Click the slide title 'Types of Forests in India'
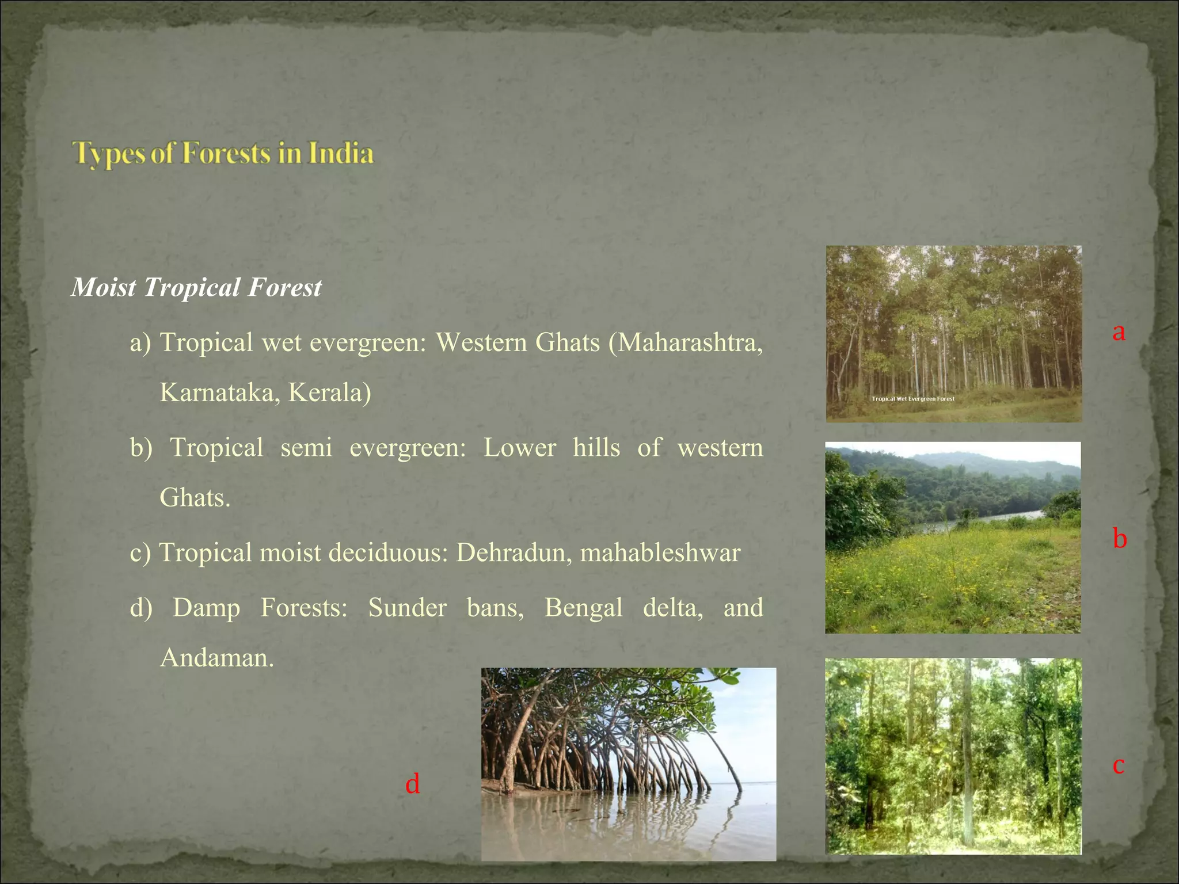pos(223,154)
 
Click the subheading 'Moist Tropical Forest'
pos(196,287)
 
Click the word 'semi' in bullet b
pos(306,448)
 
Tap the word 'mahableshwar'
pos(660,553)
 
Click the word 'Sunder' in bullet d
pos(407,608)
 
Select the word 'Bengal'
pos(583,608)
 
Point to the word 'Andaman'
pos(216,658)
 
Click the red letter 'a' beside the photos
pos(1119,332)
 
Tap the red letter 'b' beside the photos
pos(1119,539)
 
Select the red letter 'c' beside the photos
pos(1118,765)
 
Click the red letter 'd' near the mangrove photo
pos(412,784)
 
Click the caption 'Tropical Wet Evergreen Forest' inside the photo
pos(913,399)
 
